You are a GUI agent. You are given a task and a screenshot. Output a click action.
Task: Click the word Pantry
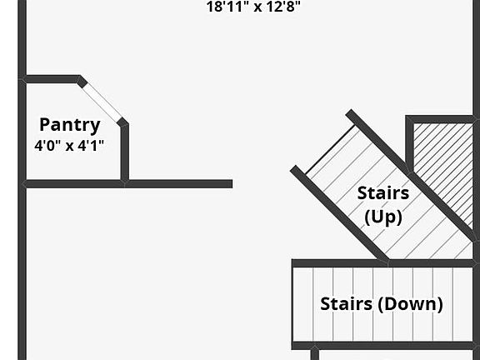click(70, 125)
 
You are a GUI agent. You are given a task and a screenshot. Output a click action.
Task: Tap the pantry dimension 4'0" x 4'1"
click(69, 145)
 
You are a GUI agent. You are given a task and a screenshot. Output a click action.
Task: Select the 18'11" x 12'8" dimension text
click(253, 7)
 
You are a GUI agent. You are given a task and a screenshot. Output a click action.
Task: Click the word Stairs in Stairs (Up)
click(383, 193)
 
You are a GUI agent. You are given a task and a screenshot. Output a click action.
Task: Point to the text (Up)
click(383, 217)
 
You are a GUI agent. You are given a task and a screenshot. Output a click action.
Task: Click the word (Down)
click(410, 304)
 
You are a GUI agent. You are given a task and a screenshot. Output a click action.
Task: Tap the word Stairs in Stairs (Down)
click(346, 303)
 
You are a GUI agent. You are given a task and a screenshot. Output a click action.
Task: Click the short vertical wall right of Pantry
click(125, 152)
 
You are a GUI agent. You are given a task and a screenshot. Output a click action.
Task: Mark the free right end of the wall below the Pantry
click(232, 183)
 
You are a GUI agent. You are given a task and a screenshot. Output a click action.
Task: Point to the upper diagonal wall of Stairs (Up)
click(412, 175)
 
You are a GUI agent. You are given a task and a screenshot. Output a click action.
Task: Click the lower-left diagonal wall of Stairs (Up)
click(339, 213)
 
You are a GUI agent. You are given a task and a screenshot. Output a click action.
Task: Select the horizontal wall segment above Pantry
click(52, 79)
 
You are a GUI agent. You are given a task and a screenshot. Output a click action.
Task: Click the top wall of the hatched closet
click(440, 119)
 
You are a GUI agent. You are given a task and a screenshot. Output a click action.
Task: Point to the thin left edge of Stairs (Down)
click(292, 305)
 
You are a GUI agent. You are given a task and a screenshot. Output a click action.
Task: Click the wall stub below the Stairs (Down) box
click(315, 354)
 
